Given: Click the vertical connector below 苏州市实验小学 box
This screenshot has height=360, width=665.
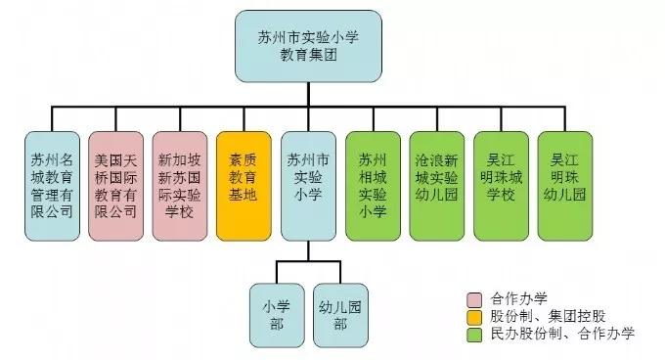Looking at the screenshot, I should pos(307,250).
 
